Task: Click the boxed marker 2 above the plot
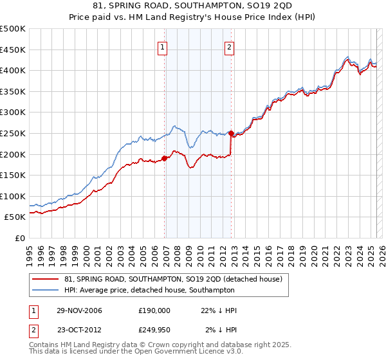(229, 46)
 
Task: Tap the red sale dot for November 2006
(165, 157)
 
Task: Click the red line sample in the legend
(46, 280)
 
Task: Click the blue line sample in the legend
(46, 291)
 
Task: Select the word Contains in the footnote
(46, 346)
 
